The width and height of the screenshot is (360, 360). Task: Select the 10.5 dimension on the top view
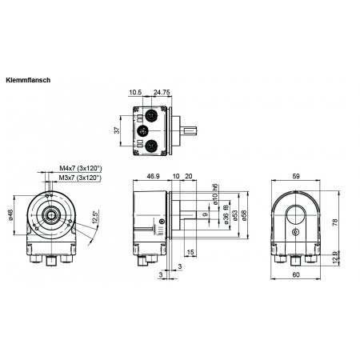point(137,92)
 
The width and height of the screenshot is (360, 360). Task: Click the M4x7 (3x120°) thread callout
point(80,169)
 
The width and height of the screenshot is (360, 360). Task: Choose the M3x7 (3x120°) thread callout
point(80,178)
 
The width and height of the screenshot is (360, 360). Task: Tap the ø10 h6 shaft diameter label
point(215,193)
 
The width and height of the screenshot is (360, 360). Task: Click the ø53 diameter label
point(234,214)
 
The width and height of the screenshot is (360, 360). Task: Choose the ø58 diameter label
point(243,214)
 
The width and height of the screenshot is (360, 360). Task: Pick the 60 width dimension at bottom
point(297,276)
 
